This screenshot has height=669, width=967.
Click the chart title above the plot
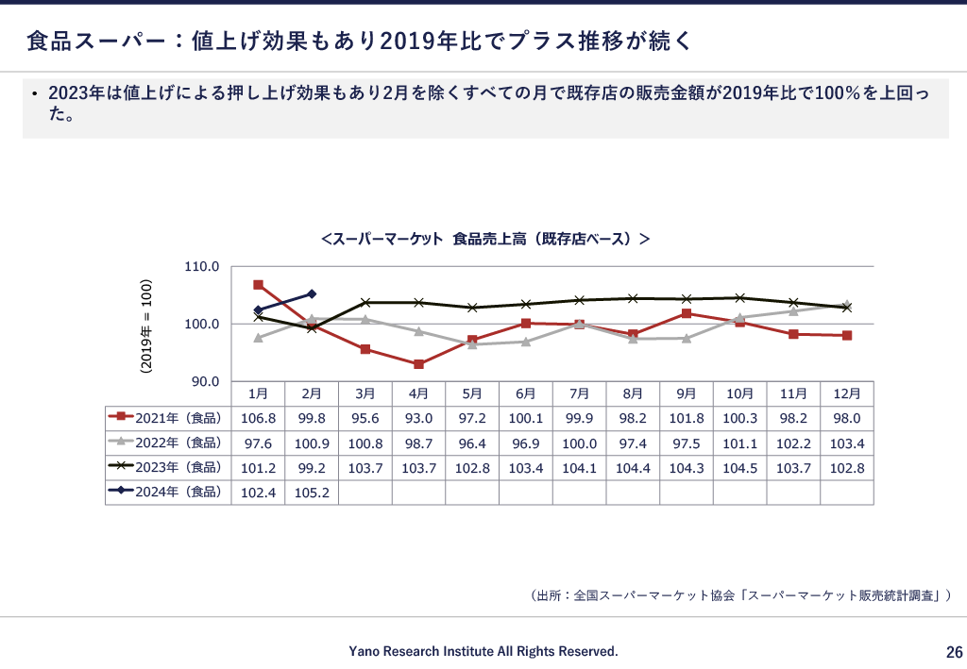point(484,240)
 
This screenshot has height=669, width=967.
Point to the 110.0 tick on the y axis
point(201,267)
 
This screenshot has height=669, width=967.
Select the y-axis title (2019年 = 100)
point(146,326)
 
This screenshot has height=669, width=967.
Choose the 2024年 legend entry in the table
point(167,492)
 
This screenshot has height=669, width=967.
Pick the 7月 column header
point(579,393)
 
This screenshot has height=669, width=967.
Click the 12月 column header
point(847,393)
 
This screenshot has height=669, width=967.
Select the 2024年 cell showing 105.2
point(312,492)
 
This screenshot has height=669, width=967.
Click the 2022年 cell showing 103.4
point(847,443)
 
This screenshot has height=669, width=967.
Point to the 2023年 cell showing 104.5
point(739,467)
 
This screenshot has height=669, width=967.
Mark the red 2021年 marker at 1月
point(258,285)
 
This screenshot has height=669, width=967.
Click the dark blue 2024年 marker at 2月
point(312,293)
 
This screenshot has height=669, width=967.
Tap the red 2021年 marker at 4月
point(418,364)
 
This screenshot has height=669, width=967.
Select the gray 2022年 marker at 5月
point(472,344)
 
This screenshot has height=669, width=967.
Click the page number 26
point(954,652)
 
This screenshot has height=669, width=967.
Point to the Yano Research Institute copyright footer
point(483,651)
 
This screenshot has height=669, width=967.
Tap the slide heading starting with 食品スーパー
point(359,41)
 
